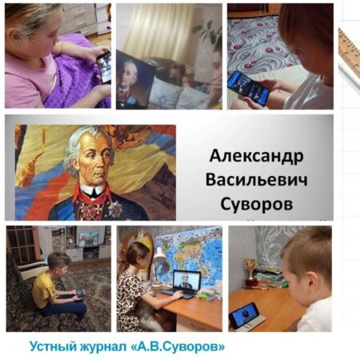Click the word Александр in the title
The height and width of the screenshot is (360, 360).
(x=256, y=156)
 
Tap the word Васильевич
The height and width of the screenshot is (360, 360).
(x=256, y=180)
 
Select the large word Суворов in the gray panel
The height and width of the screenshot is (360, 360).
(x=257, y=205)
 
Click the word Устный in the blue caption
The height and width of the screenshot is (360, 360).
(x=47, y=347)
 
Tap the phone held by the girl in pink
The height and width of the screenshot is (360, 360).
(x=104, y=67)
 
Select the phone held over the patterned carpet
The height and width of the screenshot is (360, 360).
(x=248, y=87)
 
